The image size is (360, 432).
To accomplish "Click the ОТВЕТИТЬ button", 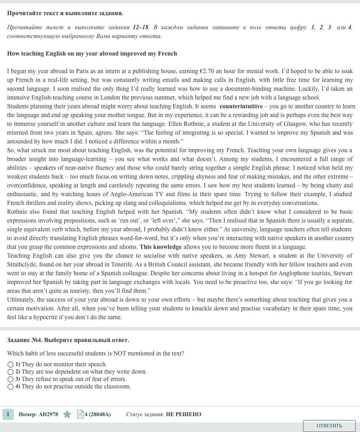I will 329,426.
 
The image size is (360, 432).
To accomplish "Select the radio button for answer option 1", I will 11,365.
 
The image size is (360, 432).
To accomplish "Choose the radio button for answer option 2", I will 11,372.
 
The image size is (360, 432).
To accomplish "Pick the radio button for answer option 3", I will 11,379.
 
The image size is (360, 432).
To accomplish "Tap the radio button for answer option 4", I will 11,387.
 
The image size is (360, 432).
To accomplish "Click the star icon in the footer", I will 67,414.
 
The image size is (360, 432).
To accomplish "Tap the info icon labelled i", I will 8,414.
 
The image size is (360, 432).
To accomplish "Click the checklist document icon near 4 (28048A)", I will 81,414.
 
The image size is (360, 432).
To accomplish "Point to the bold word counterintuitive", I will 241,106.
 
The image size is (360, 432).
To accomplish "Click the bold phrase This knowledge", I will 161,247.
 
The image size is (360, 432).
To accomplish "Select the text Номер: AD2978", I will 38,414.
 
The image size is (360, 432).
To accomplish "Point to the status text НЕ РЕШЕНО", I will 184,414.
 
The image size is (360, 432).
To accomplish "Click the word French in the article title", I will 167,53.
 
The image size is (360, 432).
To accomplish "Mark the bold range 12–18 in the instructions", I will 141,27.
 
